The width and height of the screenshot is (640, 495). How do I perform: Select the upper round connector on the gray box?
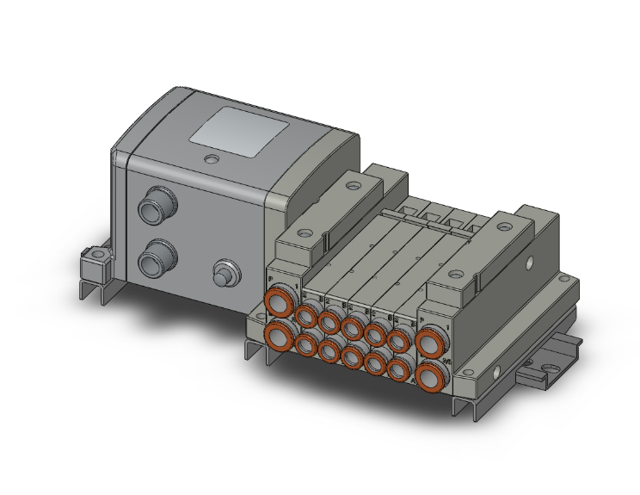pos(157,207)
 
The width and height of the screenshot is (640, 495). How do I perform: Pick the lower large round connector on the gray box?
pos(158,255)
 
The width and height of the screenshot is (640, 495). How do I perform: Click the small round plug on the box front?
pos(226,274)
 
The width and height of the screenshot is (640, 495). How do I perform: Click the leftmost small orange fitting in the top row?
pos(307,315)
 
